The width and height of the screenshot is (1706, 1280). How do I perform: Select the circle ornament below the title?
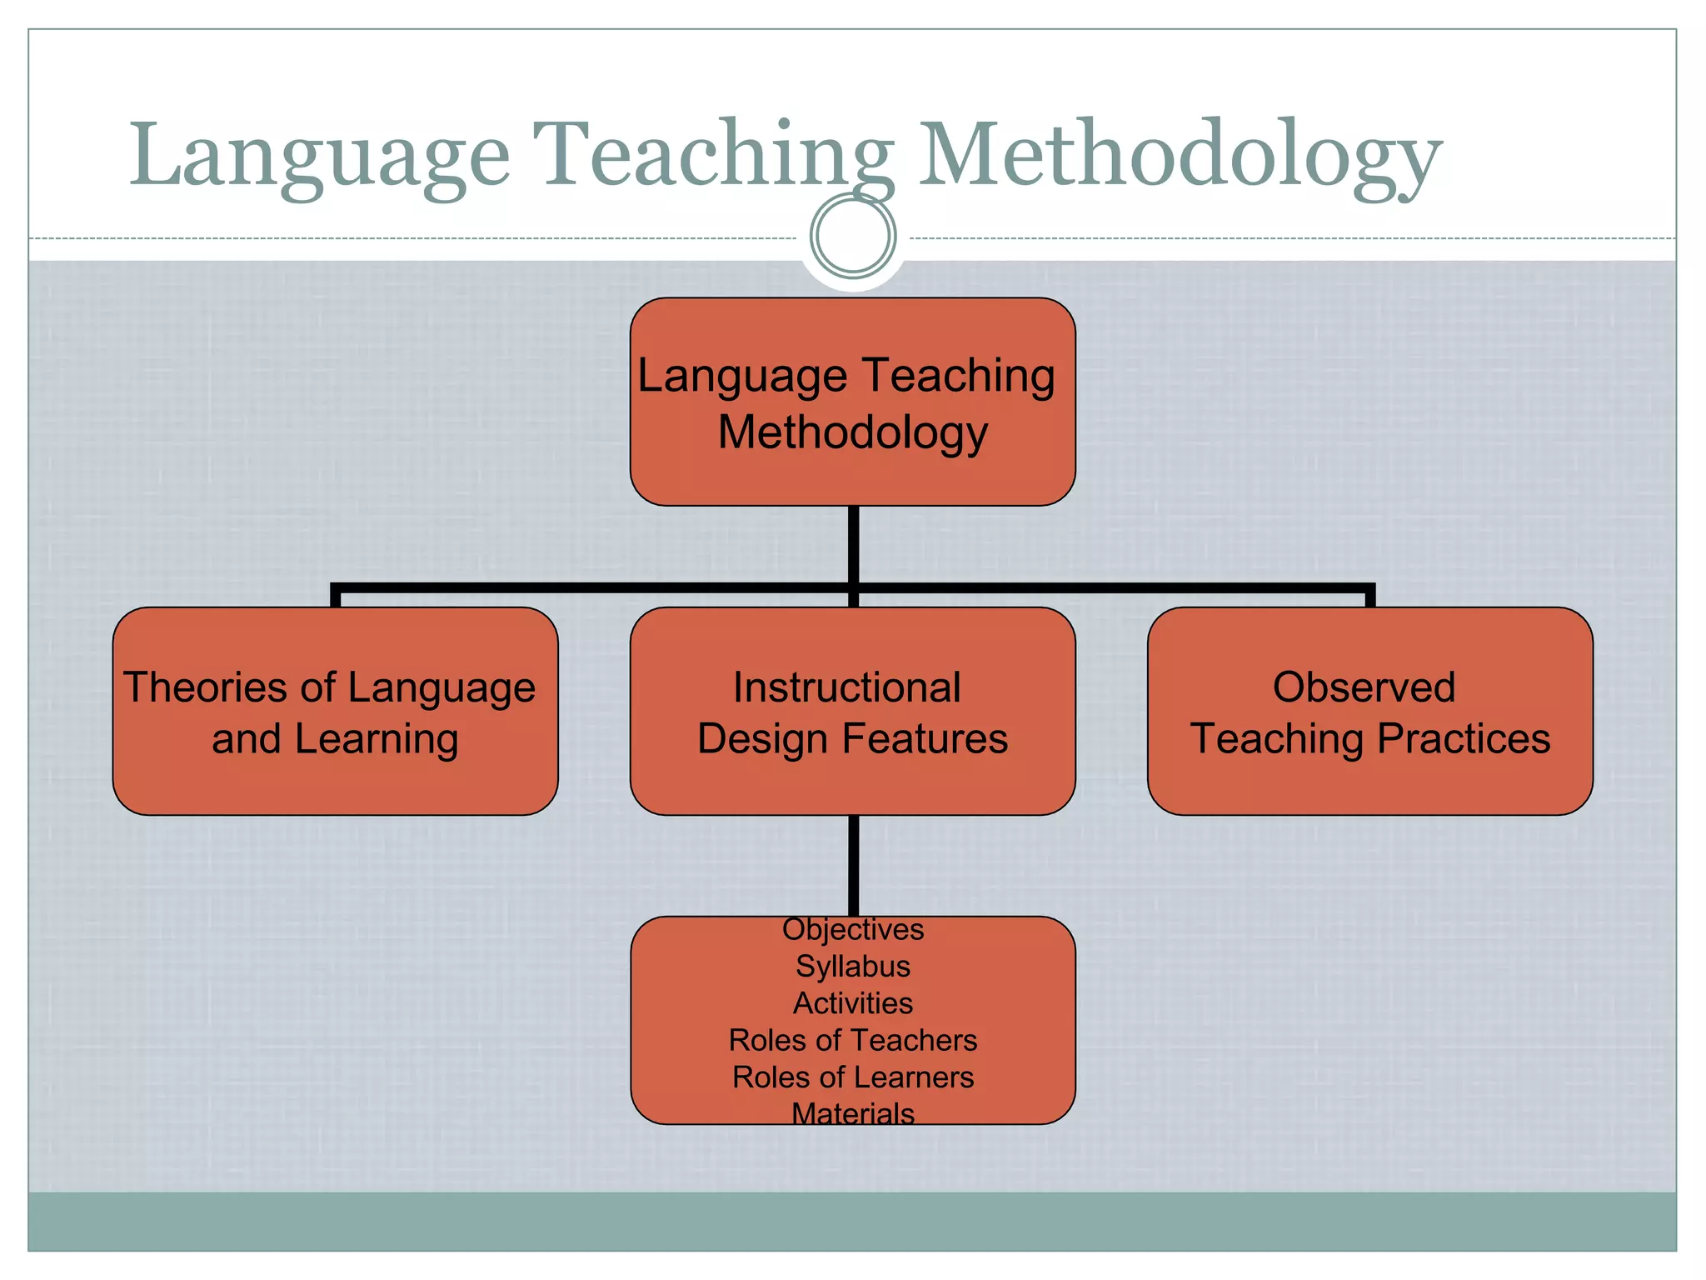point(853,236)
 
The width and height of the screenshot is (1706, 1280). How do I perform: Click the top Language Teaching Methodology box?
point(852,402)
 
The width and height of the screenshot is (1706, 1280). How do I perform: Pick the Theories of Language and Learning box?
point(335,711)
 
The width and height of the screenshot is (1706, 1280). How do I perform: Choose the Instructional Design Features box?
point(852,711)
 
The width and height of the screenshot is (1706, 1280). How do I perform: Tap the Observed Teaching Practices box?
point(1369,711)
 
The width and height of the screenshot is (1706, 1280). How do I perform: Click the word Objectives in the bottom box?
point(853,929)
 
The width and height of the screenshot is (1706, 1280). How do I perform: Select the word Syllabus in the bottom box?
point(853,967)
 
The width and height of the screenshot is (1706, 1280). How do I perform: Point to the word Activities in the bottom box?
point(853,1003)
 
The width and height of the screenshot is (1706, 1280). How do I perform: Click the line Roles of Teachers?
point(853,1040)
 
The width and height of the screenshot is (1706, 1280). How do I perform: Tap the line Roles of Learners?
point(853,1077)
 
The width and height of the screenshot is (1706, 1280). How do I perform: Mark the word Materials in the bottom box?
point(853,1113)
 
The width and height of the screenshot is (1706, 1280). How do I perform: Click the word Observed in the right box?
point(1364,687)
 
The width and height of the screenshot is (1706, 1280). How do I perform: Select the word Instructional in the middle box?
point(846,687)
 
